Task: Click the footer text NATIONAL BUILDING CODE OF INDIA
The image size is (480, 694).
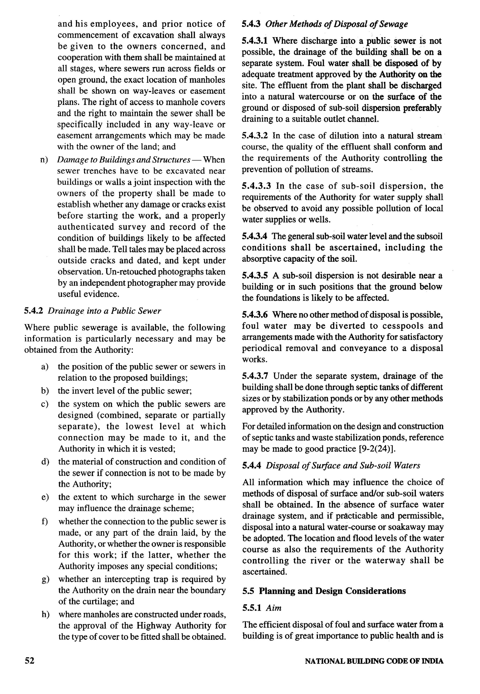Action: (x=374, y=661)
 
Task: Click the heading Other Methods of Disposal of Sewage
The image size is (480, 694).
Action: (x=337, y=24)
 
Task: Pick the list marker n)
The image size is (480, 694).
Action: (x=44, y=160)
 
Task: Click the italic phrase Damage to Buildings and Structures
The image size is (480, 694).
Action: (x=124, y=160)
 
